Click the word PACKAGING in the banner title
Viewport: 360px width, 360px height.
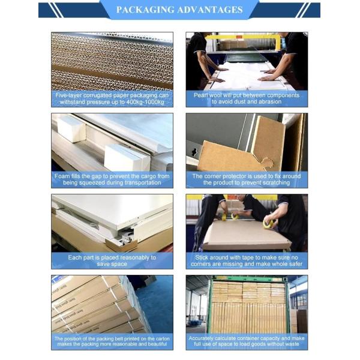(145, 10)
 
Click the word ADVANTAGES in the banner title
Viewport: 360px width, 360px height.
(210, 10)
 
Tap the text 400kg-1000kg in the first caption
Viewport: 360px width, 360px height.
(145, 102)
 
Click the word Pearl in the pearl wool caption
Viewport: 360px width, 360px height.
(200, 95)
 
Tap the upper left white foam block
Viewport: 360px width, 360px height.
(71, 129)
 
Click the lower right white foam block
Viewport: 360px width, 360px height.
(126, 157)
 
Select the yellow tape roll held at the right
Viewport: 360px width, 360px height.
(268, 224)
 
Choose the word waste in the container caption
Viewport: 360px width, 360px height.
(292, 344)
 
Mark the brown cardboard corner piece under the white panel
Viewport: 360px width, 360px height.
(121, 245)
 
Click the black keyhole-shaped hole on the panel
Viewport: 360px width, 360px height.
(194, 152)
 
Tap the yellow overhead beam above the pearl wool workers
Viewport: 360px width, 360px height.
(244, 37)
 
